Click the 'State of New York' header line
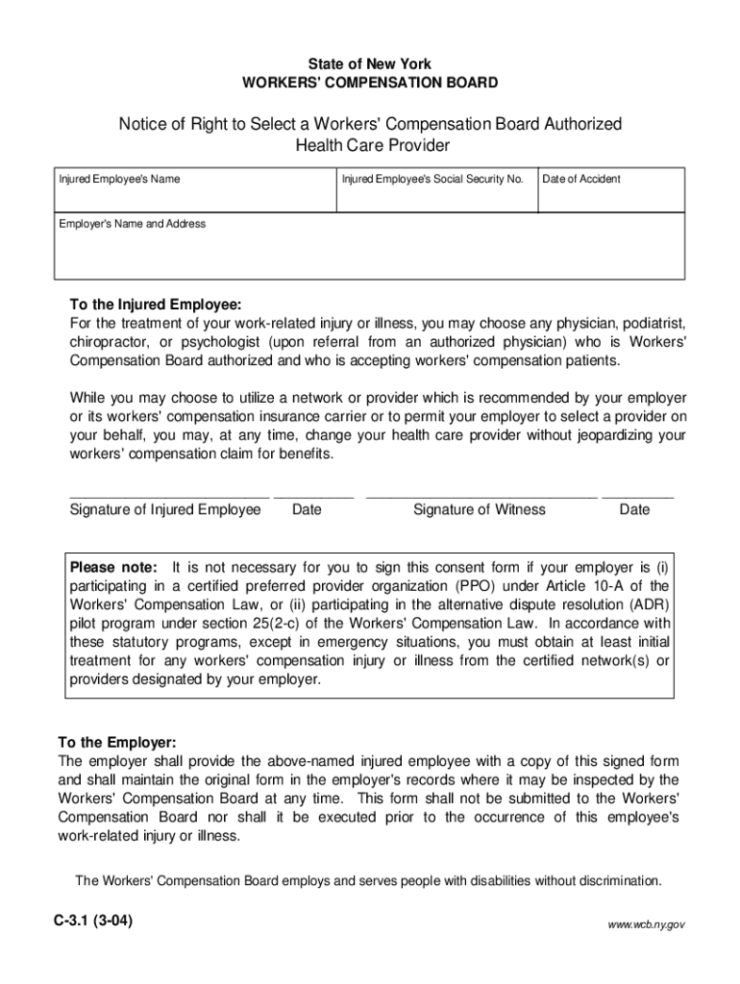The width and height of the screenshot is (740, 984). (369, 63)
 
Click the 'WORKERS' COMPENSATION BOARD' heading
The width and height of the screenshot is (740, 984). (369, 83)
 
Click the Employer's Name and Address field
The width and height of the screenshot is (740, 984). (369, 252)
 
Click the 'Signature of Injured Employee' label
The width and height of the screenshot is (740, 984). (165, 509)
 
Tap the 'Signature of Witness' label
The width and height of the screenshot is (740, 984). (479, 509)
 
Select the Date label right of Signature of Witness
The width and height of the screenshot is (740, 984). (634, 509)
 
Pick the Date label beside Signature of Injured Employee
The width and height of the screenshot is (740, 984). (307, 509)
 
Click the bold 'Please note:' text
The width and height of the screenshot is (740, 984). (112, 567)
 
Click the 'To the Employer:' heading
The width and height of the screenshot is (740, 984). (117, 743)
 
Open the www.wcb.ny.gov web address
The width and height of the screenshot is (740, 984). (646, 923)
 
